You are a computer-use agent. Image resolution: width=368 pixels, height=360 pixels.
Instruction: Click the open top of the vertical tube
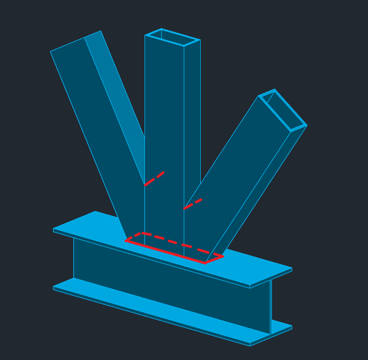point(173,37)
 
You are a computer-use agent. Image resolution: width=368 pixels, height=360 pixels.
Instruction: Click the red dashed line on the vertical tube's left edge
point(154,179)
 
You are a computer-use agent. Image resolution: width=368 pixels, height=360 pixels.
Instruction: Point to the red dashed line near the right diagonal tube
point(192,204)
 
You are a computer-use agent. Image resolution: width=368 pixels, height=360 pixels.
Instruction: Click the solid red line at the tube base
point(165,252)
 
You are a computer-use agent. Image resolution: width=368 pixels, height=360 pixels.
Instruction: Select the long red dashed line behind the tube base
point(182,244)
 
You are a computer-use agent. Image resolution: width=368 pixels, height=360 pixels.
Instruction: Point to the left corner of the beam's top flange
point(54,229)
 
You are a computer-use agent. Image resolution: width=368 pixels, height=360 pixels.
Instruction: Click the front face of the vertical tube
point(164,121)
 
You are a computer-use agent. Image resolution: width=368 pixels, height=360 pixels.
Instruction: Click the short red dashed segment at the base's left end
point(134,237)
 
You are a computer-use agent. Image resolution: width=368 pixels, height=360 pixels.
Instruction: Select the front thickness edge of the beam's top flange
point(145,257)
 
